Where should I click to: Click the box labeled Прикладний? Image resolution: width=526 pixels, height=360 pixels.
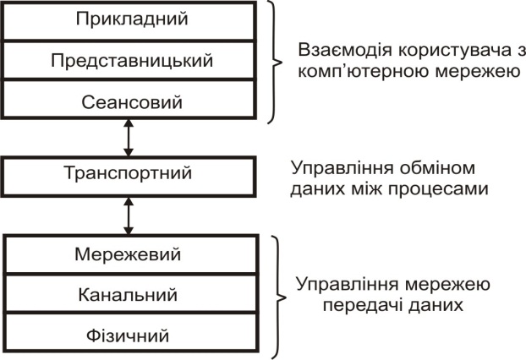[128, 19]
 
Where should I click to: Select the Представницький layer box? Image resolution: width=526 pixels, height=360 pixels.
[128, 61]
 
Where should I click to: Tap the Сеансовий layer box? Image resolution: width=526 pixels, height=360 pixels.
[128, 103]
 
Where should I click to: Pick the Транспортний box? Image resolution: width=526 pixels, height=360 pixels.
[128, 173]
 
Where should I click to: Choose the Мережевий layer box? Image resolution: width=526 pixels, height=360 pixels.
[128, 254]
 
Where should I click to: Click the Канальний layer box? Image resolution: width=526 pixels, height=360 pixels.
[128, 295]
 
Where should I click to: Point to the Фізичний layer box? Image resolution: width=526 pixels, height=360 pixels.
[128, 335]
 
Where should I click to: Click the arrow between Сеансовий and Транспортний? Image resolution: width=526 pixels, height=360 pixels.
[128, 139]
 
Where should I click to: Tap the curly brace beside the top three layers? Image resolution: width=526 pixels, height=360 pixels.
[276, 61]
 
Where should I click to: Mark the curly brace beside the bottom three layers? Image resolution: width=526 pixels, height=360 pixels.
[276, 294]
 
